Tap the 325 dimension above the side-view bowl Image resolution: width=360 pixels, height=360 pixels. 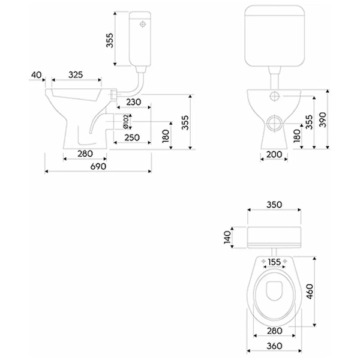[x=76, y=74]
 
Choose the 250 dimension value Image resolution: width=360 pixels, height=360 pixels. [x=132, y=137]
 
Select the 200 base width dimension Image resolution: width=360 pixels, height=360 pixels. [x=274, y=155]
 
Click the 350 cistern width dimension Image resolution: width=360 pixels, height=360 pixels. [x=274, y=204]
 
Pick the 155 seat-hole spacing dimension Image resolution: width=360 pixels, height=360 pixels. [x=274, y=262]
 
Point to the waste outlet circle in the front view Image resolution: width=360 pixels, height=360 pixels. [x=274, y=122]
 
